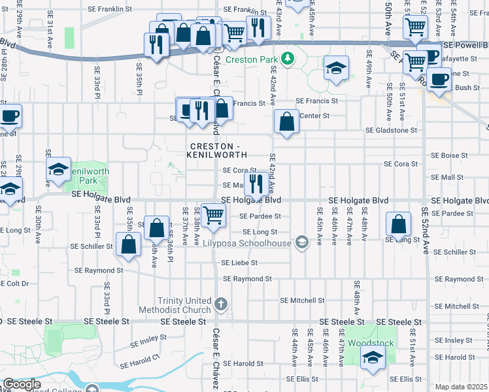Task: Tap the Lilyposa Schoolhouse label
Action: tap(256, 243)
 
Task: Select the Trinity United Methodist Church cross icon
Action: tap(222, 304)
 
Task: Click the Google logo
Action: tap(22, 385)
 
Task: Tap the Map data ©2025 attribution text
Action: tap(461, 387)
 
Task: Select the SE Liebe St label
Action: tap(240, 263)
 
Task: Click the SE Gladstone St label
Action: tap(391, 131)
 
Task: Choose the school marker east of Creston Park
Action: tap(336, 69)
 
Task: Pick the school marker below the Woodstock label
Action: tap(373, 358)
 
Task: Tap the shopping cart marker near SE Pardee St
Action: tap(213, 215)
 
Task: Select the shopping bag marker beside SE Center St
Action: tap(286, 122)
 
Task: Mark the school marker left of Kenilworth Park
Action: tap(58, 169)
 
